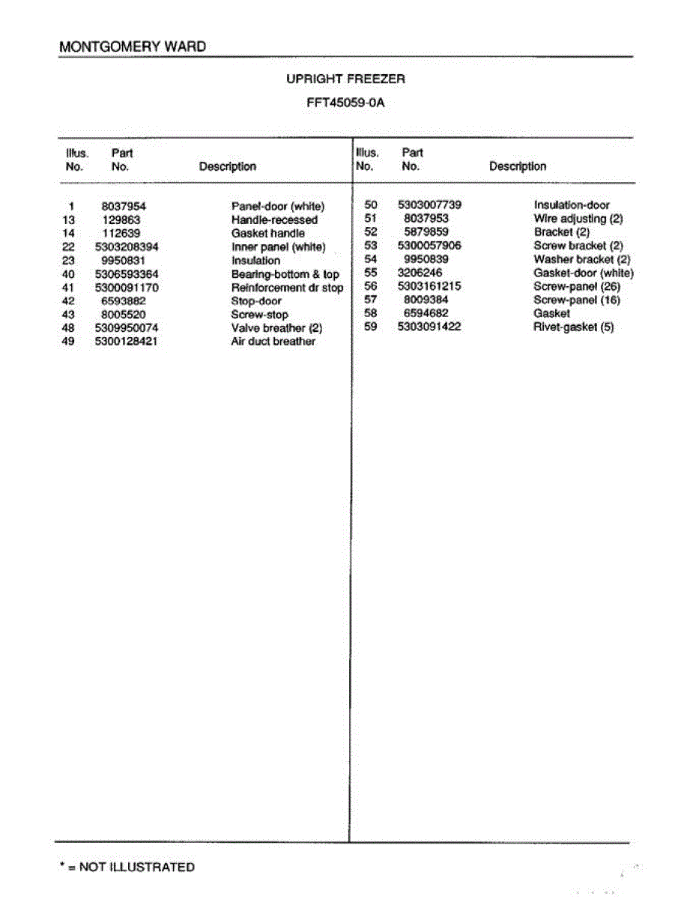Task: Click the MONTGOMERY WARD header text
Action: [x=133, y=46]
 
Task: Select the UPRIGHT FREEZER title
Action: [x=345, y=79]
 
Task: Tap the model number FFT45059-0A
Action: [x=345, y=103]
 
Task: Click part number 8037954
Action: [x=124, y=206]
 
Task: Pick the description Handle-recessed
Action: [x=274, y=220]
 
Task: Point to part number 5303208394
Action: [x=127, y=247]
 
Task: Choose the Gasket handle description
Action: [x=268, y=234]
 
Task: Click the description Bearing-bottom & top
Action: [x=285, y=274]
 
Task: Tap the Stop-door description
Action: [x=256, y=301]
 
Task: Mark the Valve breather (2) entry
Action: [x=276, y=328]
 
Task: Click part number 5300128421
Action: [x=127, y=342]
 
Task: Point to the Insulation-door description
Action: [x=572, y=205]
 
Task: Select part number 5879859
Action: [x=426, y=232]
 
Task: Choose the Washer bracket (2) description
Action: [x=581, y=259]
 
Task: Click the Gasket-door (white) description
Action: [x=583, y=273]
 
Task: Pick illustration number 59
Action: [x=370, y=327]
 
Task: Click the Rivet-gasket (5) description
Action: [x=573, y=327]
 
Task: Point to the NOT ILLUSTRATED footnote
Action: [x=127, y=868]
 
